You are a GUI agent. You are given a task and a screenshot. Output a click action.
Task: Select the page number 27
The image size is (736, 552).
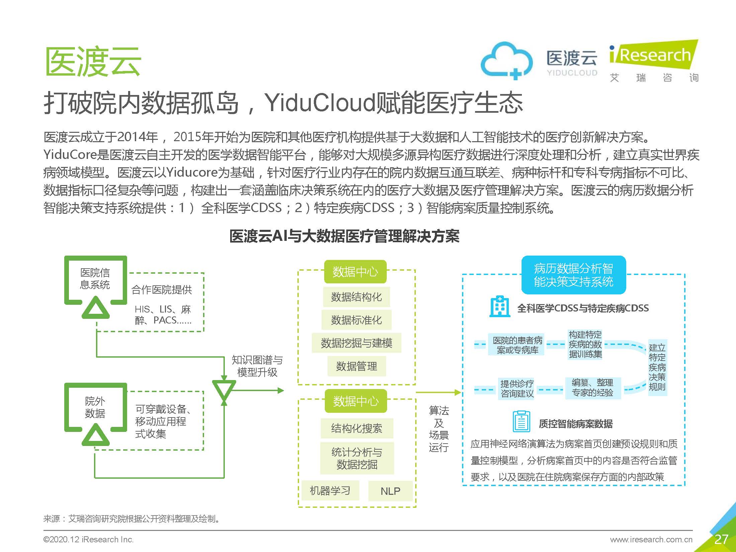click(721, 539)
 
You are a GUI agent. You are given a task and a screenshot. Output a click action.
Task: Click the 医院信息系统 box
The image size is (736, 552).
click(95, 279)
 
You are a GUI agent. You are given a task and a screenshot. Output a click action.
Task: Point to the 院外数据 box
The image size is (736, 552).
click(95, 407)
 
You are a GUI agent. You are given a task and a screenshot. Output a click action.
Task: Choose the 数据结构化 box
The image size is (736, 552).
click(356, 297)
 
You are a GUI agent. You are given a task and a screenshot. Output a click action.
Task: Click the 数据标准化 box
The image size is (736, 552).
click(356, 320)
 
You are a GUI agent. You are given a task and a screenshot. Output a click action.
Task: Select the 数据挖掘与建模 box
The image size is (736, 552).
click(356, 343)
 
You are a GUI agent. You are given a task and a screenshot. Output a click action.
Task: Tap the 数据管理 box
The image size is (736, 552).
click(356, 366)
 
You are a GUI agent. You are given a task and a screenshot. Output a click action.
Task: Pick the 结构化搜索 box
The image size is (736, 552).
click(357, 428)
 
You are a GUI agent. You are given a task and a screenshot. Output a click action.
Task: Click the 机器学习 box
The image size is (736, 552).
click(330, 491)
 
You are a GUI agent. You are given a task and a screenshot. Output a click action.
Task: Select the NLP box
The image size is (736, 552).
click(390, 491)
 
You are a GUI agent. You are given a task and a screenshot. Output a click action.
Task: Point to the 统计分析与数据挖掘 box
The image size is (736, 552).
click(357, 458)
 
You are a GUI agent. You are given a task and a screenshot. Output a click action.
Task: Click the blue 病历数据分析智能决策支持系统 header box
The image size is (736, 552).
click(573, 275)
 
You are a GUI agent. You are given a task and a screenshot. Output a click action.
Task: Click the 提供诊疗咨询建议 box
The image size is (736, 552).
click(517, 388)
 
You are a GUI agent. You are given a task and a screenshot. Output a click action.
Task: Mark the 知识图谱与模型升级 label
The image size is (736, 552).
click(257, 366)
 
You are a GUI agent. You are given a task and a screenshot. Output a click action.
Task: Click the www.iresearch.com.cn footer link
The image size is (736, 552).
click(651, 539)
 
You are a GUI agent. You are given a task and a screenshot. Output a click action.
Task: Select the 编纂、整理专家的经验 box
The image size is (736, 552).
click(592, 388)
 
